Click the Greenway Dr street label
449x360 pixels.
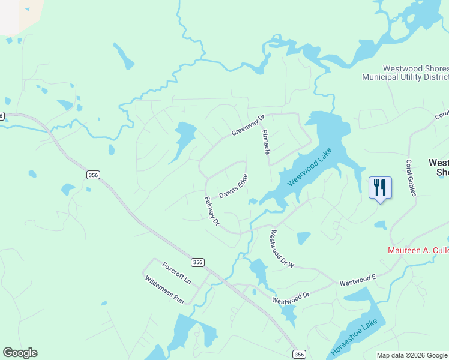[x=248, y=125]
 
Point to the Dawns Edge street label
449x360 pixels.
[x=233, y=187]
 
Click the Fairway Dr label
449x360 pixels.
[x=212, y=211]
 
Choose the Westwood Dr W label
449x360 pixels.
[x=281, y=248]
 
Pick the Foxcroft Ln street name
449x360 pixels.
[x=176, y=272]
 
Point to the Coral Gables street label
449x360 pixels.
[x=411, y=177]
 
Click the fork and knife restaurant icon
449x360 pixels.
[x=380, y=188]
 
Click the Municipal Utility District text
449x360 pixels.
[x=405, y=77]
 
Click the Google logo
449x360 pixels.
[x=20, y=353]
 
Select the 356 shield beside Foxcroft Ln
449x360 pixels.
[x=198, y=262]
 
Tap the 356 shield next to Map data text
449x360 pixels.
[x=300, y=355]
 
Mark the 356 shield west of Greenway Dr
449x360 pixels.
[x=93, y=175]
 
